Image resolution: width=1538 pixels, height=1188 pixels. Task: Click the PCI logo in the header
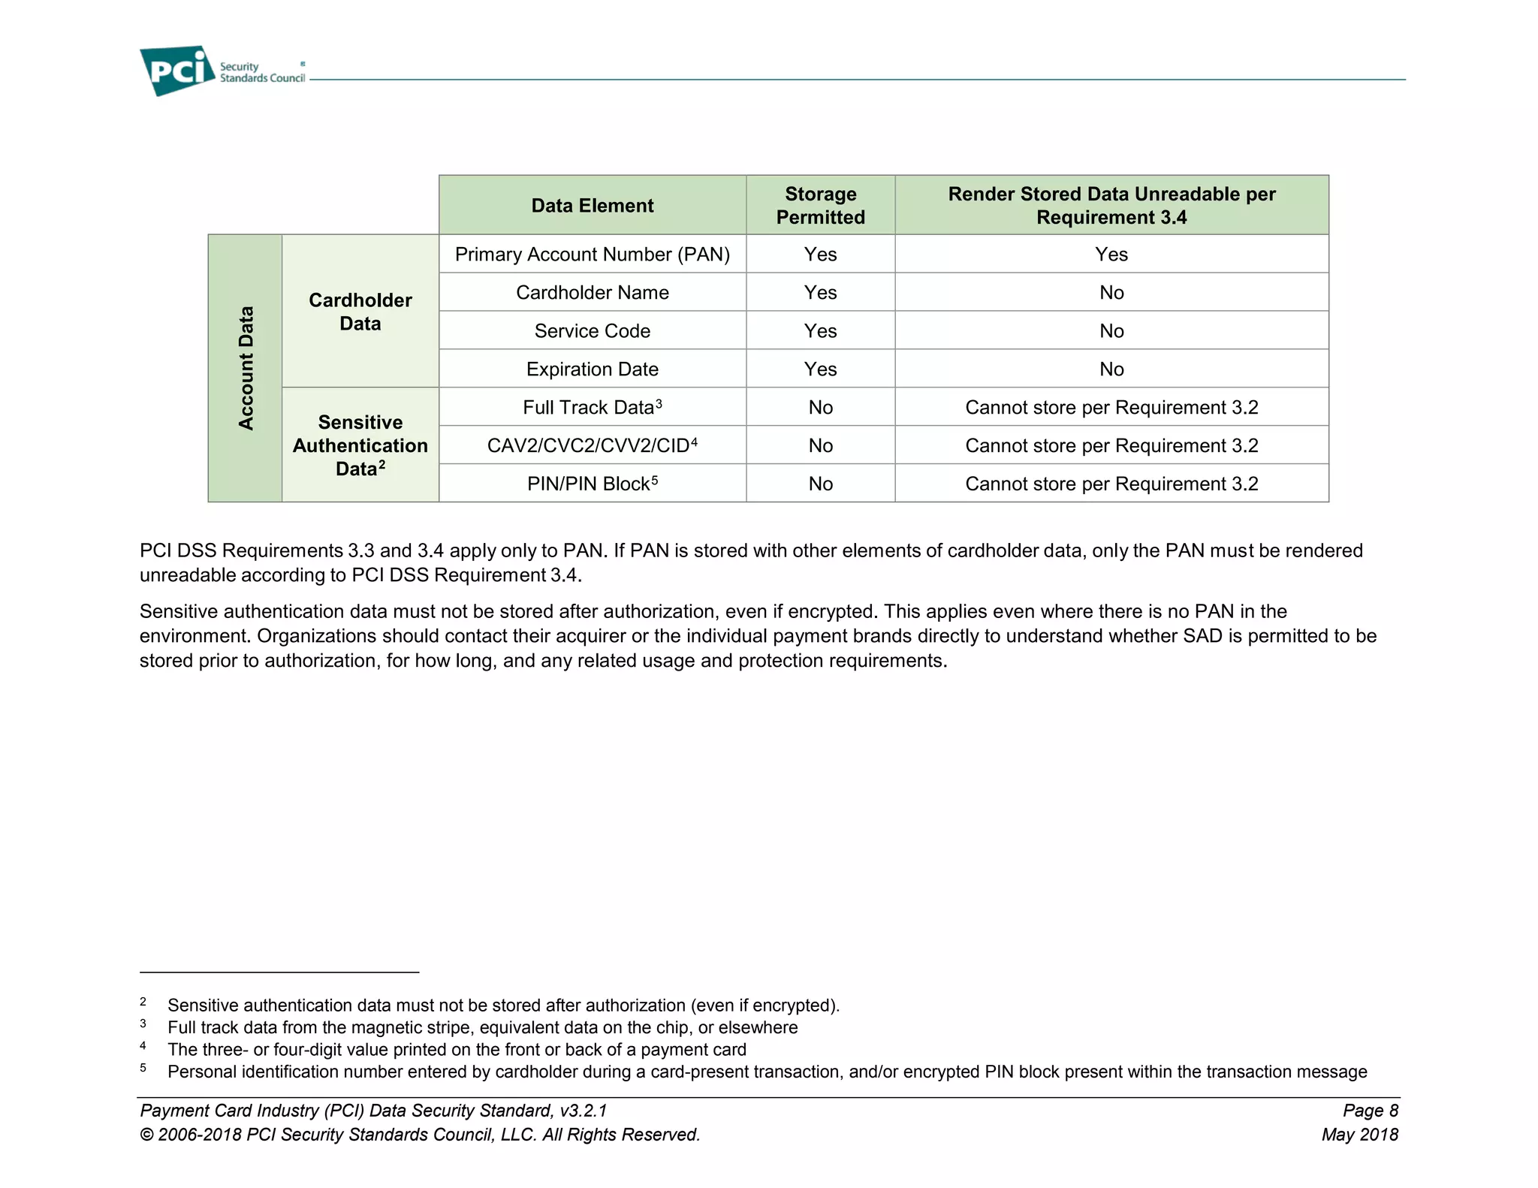tap(177, 71)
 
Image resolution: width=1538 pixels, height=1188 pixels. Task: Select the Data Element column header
tap(592, 206)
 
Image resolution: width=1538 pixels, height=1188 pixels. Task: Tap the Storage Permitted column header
tap(820, 206)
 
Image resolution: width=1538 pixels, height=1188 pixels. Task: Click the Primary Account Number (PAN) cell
tap(592, 255)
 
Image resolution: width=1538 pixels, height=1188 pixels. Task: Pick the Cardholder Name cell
tap(592, 293)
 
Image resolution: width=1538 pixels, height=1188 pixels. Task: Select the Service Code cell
tap(592, 331)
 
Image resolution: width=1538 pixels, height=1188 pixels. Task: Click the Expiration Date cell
tap(592, 369)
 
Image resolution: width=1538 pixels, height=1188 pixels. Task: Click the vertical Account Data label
tap(246, 368)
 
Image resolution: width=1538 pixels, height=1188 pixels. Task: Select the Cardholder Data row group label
tap(360, 312)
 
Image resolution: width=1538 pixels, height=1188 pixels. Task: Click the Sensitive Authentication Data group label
tap(360, 445)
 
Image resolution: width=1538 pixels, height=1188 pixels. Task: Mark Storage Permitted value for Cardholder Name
tap(820, 293)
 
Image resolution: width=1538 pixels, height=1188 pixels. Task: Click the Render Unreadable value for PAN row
tap(1111, 255)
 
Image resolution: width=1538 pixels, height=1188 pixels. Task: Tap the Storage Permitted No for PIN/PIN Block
tap(820, 484)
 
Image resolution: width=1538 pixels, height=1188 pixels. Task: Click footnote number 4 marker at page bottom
tap(143, 1046)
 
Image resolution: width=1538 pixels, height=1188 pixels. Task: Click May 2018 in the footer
tap(1359, 1135)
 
